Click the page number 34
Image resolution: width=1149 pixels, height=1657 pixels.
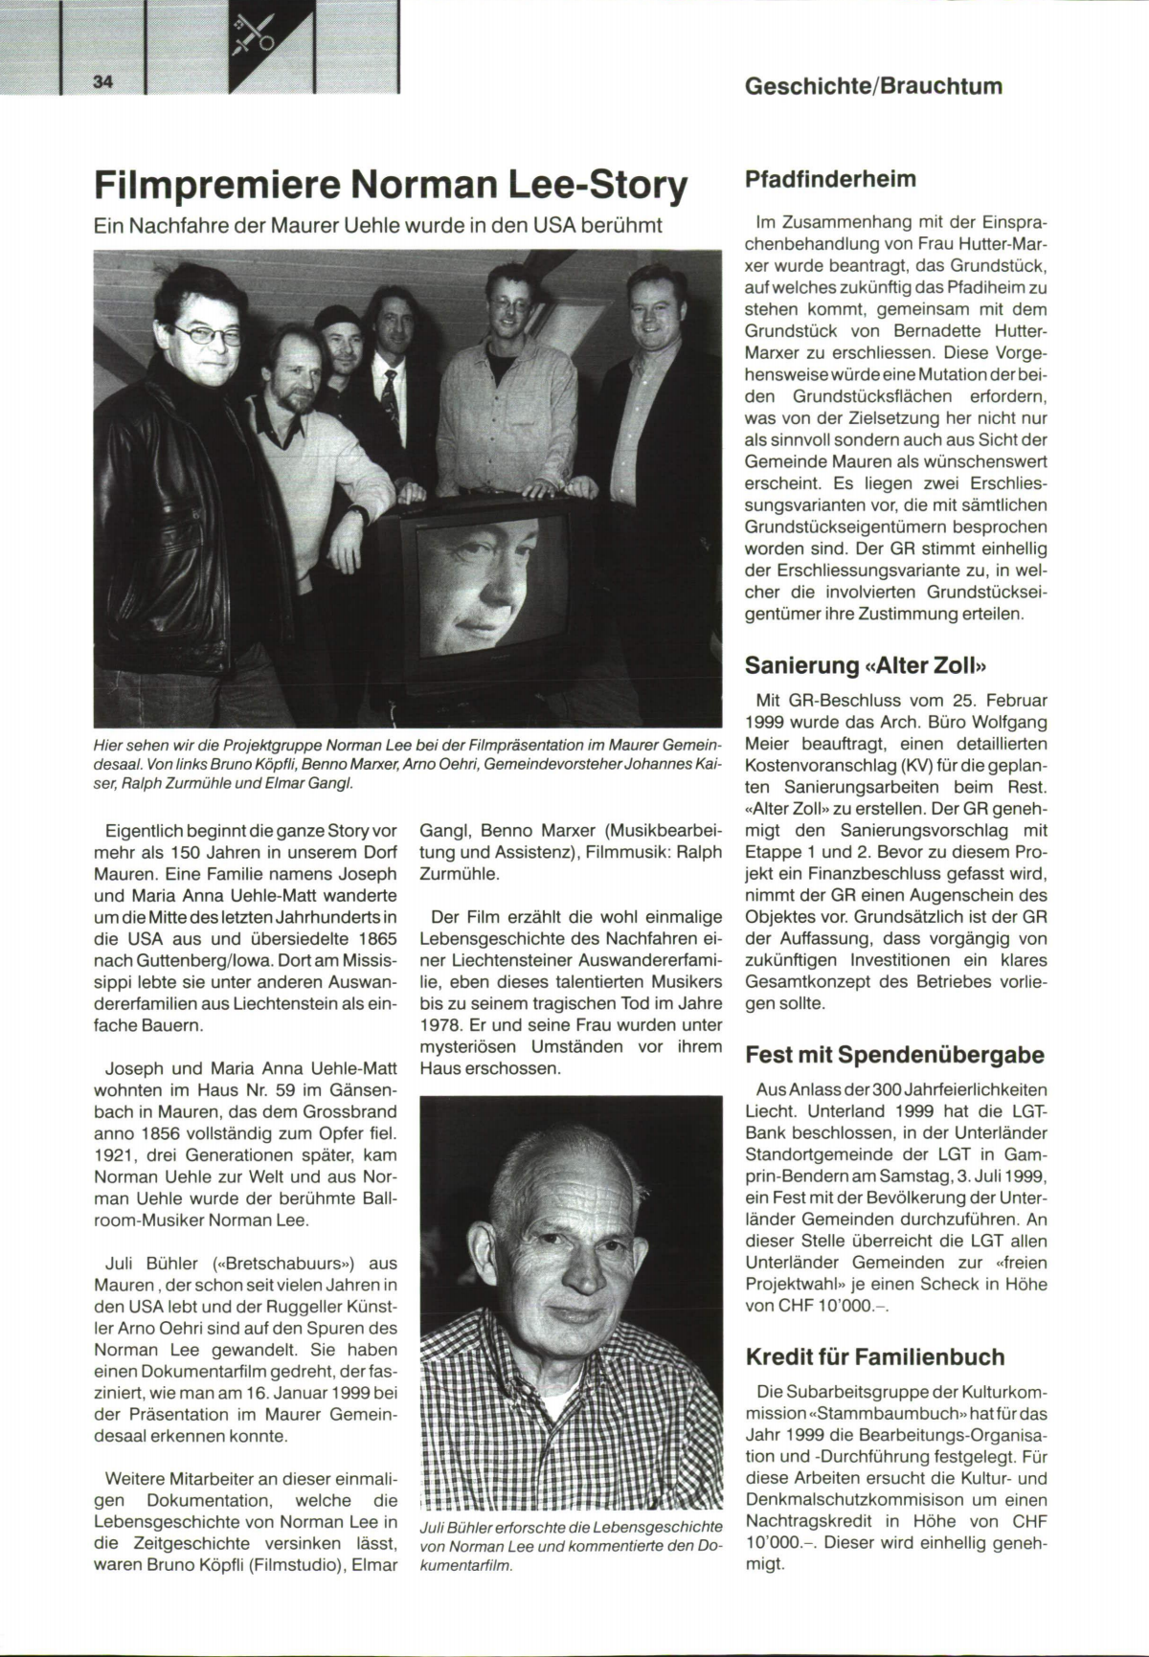click(x=103, y=82)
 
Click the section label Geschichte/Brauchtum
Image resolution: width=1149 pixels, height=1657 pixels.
click(x=873, y=85)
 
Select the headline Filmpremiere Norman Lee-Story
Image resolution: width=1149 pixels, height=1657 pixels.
click(x=391, y=186)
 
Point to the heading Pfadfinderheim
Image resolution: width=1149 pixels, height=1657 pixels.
click(x=830, y=179)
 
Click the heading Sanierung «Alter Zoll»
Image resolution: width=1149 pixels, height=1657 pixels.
click(x=866, y=664)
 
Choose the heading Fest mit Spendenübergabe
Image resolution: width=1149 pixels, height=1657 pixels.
click(x=894, y=1055)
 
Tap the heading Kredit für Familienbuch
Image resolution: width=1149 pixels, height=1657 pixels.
click(x=875, y=1356)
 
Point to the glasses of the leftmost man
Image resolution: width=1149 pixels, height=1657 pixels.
click(x=208, y=336)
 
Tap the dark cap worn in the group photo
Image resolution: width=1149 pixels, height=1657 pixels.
click(x=337, y=317)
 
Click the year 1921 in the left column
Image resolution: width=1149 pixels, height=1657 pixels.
click(x=115, y=1155)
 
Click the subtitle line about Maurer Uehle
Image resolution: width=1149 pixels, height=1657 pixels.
click(x=377, y=227)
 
